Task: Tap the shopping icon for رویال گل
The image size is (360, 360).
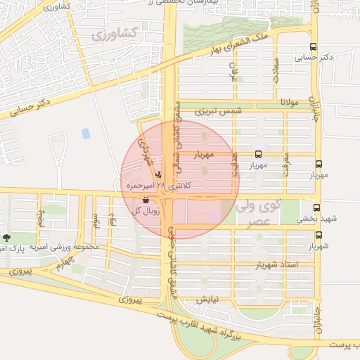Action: [146, 200]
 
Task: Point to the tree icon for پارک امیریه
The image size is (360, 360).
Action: [6, 238]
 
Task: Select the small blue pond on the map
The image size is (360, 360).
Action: [86, 133]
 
